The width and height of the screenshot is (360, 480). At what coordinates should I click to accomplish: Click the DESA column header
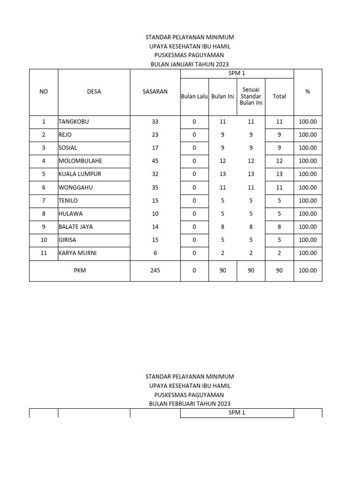point(94,92)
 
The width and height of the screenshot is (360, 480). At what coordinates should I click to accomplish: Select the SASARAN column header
point(155,92)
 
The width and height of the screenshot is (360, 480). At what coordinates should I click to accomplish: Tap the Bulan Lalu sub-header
point(195,97)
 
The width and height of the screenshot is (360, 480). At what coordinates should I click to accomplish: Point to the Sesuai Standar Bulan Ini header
point(251,96)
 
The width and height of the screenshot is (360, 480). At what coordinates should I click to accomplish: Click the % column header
point(307,92)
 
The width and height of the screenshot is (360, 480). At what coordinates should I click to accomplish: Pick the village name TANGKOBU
point(74,122)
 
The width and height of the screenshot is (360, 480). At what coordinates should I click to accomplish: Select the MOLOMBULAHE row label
point(80,161)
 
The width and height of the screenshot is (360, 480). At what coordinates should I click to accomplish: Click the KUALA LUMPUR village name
point(80,174)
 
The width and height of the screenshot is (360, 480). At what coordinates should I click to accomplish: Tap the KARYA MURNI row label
point(78,253)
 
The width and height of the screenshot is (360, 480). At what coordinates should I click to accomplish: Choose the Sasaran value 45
point(155,161)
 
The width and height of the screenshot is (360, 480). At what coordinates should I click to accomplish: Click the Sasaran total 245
point(155,270)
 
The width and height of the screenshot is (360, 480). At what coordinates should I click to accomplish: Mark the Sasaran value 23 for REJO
point(155,135)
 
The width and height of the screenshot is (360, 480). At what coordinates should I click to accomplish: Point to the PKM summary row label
point(80,270)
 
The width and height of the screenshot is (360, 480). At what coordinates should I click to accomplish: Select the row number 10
point(44,240)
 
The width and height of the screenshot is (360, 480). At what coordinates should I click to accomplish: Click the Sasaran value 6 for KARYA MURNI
point(155,253)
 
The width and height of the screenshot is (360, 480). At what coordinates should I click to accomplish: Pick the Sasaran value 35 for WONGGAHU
point(155,187)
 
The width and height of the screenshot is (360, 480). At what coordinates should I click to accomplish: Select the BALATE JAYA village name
point(75,227)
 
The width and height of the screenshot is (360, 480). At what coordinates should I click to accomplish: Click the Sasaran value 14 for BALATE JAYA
point(155,227)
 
